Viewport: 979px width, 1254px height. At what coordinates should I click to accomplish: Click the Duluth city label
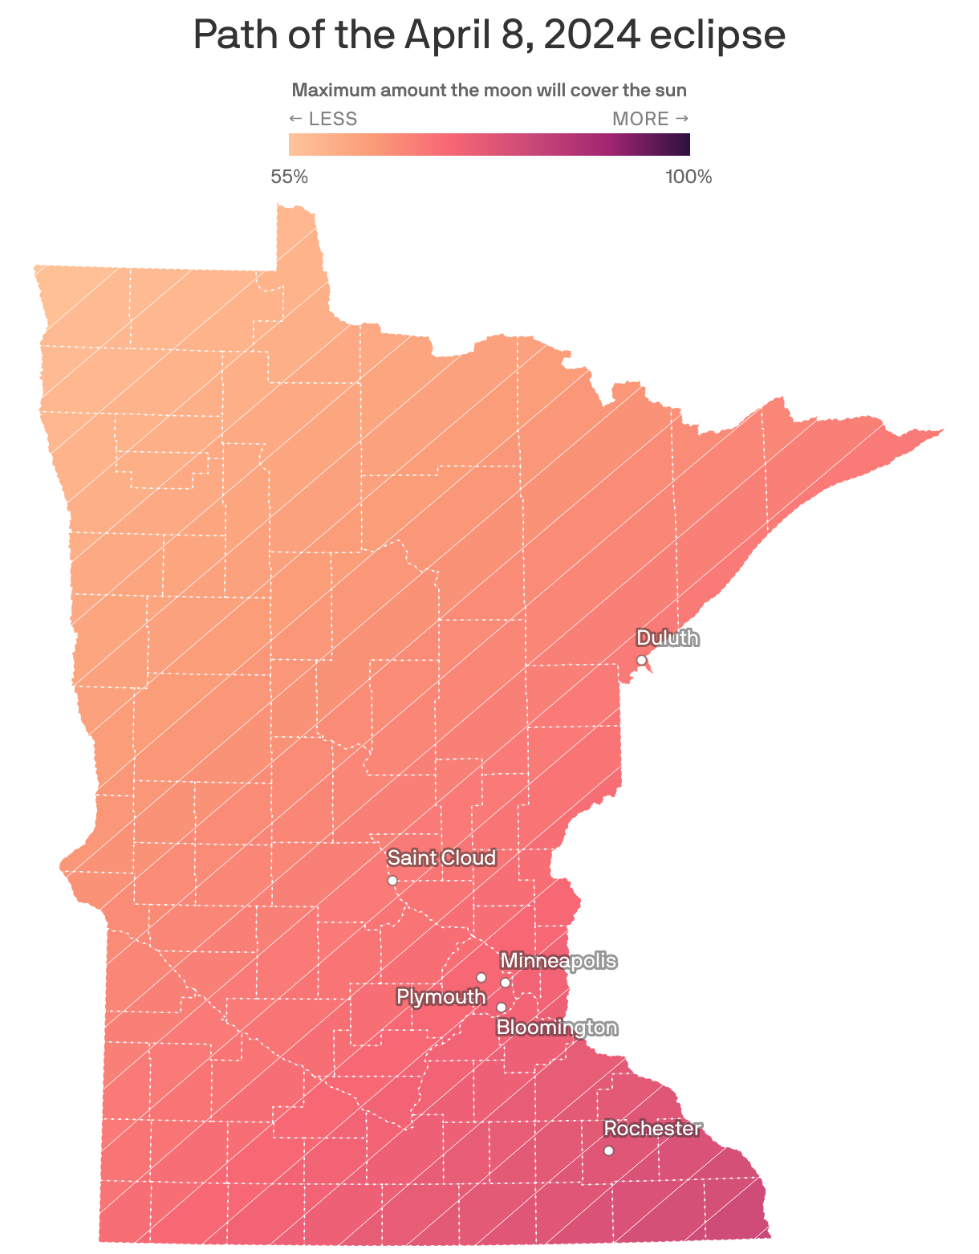click(x=667, y=638)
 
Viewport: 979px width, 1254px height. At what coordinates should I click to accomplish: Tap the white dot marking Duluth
click(x=641, y=660)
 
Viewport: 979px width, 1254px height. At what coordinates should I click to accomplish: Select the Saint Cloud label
click(x=441, y=858)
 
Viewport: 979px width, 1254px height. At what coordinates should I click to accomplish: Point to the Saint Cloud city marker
click(x=392, y=881)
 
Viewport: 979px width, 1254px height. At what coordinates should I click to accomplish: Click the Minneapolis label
click(x=559, y=961)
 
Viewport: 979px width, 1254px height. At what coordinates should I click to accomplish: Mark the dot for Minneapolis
click(x=506, y=983)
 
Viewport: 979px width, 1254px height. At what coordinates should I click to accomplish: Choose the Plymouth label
click(x=441, y=997)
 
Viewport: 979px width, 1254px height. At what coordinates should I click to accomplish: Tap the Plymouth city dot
click(x=481, y=977)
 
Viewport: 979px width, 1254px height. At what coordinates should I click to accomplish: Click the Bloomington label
click(x=557, y=1028)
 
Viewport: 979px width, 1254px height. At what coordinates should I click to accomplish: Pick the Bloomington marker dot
click(x=502, y=1008)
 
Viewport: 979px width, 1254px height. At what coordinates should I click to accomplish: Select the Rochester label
click(x=652, y=1129)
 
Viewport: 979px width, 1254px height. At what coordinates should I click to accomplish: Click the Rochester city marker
click(x=608, y=1150)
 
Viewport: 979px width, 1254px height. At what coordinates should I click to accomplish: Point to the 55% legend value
click(x=289, y=177)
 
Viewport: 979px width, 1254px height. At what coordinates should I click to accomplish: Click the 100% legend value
click(x=689, y=177)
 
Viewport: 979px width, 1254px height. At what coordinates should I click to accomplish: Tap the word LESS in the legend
click(x=332, y=119)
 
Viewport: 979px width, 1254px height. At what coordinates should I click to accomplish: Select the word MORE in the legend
click(x=640, y=119)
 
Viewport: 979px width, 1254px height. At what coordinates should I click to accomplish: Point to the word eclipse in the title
click(x=717, y=35)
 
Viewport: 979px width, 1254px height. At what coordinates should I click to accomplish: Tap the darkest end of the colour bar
click(x=685, y=145)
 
